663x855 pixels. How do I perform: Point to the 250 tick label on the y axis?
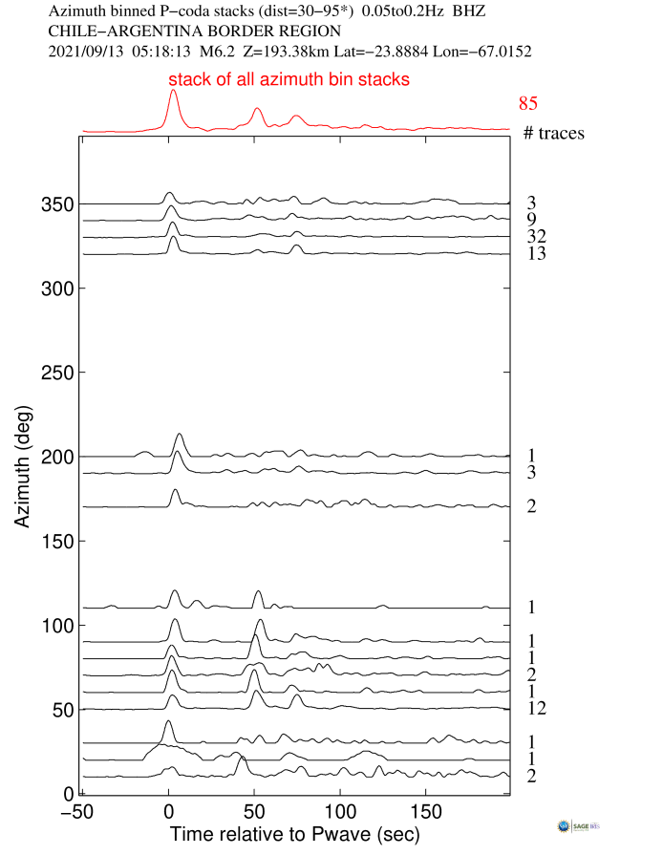[x=58, y=373]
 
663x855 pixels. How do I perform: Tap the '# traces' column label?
[x=554, y=133]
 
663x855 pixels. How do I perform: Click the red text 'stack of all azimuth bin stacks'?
[x=289, y=80]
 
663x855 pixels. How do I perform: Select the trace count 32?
[x=535, y=236]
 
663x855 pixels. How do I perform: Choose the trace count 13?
[x=535, y=254]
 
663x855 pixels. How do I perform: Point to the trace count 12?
[x=535, y=708]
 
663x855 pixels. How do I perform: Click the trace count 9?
[x=530, y=220]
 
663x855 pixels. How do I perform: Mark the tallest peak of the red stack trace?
[x=173, y=92]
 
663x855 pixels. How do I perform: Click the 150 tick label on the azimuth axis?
[x=58, y=542]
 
